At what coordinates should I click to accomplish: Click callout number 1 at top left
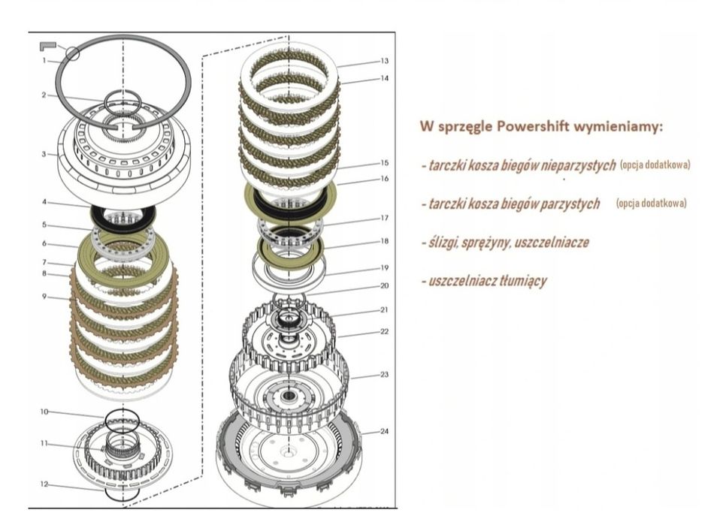(x=44, y=60)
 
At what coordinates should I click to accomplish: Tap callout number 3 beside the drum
(x=44, y=155)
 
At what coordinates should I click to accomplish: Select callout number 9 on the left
(x=44, y=297)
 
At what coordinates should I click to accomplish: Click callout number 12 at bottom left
(x=44, y=484)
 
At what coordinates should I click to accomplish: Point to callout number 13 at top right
(x=384, y=61)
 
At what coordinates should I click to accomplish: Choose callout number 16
(x=384, y=179)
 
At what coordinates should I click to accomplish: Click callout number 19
(x=384, y=267)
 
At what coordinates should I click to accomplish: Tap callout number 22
(x=384, y=331)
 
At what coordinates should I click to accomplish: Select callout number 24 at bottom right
(x=384, y=431)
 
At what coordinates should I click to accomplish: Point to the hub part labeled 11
(x=120, y=451)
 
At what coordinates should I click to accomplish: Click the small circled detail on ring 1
(x=72, y=53)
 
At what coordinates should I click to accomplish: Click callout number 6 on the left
(x=44, y=244)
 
